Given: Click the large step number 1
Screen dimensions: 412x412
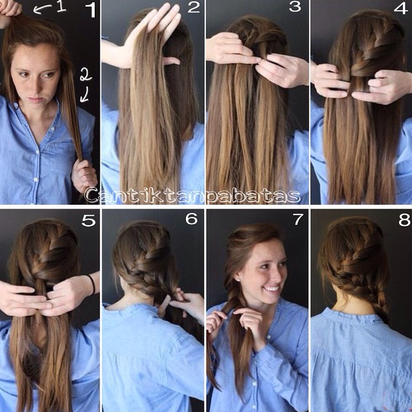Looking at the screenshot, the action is (x=91, y=10).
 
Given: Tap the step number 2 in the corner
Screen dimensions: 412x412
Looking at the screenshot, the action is (x=194, y=7).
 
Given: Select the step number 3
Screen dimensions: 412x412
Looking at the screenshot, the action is (x=295, y=6).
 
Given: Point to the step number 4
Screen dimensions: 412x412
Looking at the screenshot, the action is (x=401, y=7).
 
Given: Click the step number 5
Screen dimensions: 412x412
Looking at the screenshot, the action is (x=88, y=220).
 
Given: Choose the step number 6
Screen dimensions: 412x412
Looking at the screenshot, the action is (x=192, y=218).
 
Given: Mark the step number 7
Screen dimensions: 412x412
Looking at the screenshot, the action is (x=298, y=219).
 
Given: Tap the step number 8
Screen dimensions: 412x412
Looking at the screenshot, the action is (x=404, y=220).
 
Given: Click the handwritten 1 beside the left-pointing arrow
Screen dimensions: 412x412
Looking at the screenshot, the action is (x=61, y=6).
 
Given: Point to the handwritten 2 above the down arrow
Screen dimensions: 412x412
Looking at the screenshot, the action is (x=86, y=74).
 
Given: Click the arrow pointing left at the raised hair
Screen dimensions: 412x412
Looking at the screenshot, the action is (x=42, y=9).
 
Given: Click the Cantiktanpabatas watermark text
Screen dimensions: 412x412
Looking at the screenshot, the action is (x=192, y=196).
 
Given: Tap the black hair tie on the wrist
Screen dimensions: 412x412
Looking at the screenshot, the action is (x=91, y=285).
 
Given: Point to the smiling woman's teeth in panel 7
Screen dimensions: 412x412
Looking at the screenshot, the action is (x=272, y=289).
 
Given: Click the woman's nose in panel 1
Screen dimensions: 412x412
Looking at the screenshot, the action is (x=34, y=88).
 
